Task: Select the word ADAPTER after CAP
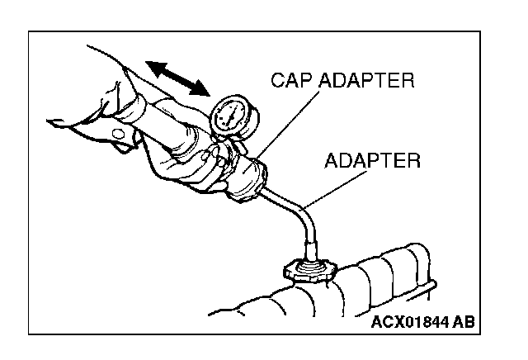(x=367, y=80)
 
